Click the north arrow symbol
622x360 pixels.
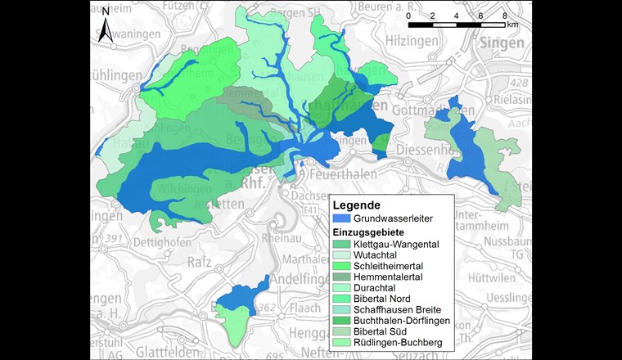point(106,25)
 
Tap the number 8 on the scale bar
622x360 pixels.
point(504,16)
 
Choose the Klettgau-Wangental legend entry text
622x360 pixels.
point(396,245)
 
